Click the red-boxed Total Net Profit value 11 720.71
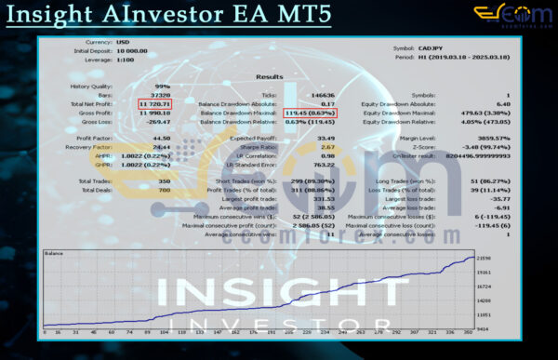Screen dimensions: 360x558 tap(155, 104)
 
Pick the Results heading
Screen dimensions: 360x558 tap(270, 77)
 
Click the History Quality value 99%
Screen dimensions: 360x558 tap(164, 87)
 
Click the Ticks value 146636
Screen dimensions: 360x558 tap(322, 96)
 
